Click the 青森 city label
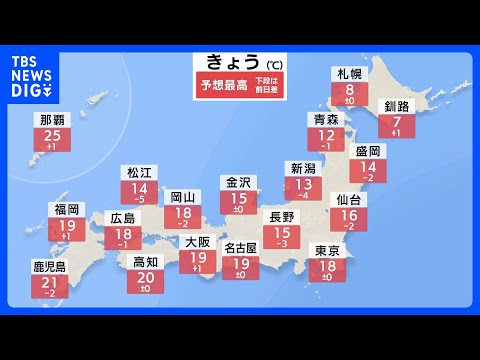click(x=325, y=119)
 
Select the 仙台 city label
click(x=347, y=201)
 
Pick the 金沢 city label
click(x=238, y=183)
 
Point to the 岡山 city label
click(x=181, y=197)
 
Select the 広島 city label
click(x=123, y=218)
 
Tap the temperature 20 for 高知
click(x=145, y=277)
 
